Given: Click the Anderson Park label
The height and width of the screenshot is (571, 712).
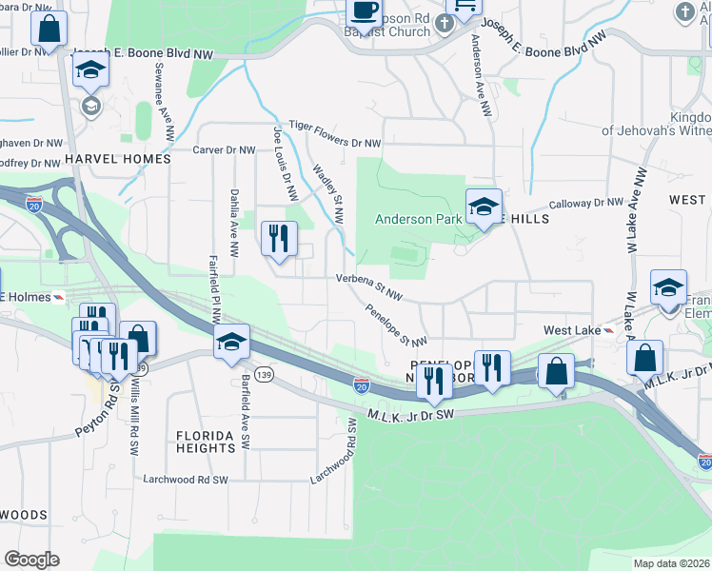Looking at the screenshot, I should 418,219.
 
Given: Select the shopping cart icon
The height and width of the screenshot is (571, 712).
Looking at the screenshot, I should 464,8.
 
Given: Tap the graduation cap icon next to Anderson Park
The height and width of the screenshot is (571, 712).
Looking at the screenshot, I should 483,206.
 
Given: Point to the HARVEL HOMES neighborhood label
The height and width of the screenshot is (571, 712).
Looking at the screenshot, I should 118,159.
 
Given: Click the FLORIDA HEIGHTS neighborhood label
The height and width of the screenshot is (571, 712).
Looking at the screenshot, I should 205,441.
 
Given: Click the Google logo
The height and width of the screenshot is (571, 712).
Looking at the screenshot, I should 31,559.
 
